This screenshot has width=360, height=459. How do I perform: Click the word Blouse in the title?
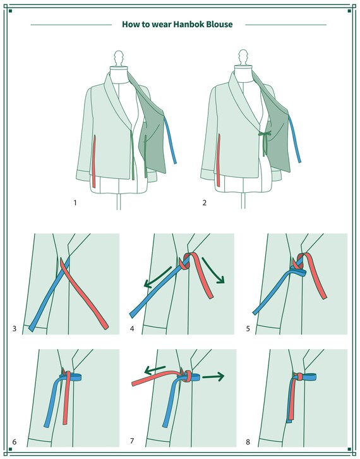[220, 24]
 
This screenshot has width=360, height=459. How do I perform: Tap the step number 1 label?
[75, 202]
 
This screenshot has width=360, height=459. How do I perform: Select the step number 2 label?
[205, 202]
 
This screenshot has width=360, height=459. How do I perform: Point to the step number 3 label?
[15, 328]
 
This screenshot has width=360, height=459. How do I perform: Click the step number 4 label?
[132, 328]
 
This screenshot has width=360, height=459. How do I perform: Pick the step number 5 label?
[248, 328]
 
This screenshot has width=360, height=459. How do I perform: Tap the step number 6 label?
[15, 441]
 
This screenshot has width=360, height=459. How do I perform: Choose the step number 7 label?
[132, 441]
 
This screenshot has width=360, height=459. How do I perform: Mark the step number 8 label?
[248, 441]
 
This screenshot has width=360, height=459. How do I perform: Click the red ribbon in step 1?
[94, 161]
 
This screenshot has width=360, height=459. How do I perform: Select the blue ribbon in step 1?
[171, 140]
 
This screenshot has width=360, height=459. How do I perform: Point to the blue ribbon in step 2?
[295, 138]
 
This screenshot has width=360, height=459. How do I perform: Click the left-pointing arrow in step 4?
[158, 277]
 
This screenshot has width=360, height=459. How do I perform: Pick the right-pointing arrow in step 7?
[213, 376]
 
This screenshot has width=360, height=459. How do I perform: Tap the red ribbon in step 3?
[83, 291]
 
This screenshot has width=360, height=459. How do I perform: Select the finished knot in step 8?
[298, 376]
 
